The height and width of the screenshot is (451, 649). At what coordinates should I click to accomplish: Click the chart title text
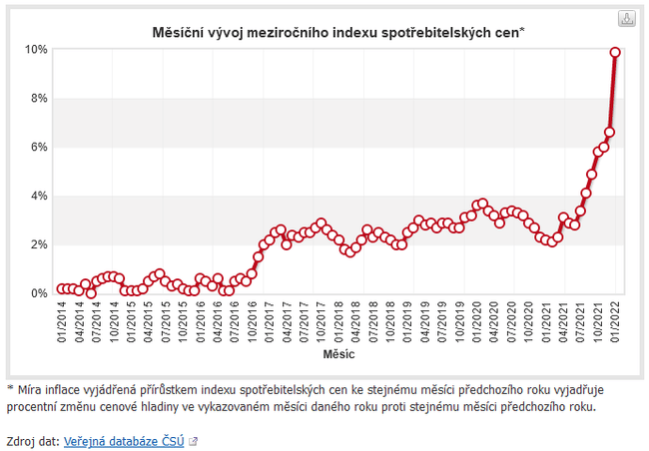(x=337, y=32)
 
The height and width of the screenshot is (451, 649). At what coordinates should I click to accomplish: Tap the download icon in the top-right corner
(x=626, y=19)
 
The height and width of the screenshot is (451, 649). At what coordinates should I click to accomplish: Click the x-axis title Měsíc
(x=337, y=354)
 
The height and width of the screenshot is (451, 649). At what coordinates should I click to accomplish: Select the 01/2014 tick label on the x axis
(x=62, y=321)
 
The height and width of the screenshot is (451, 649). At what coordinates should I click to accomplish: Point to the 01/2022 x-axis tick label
(x=615, y=321)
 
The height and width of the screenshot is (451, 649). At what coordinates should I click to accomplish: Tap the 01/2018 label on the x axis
(x=338, y=321)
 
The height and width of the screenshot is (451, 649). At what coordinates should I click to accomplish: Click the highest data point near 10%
(x=615, y=52)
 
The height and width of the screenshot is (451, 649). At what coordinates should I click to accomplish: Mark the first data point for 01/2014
(x=62, y=289)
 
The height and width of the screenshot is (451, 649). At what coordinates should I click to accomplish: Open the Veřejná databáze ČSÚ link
(x=124, y=440)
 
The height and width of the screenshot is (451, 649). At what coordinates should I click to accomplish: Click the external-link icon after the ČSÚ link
(x=193, y=440)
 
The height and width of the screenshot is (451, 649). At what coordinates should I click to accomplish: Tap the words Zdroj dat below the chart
(x=31, y=440)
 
